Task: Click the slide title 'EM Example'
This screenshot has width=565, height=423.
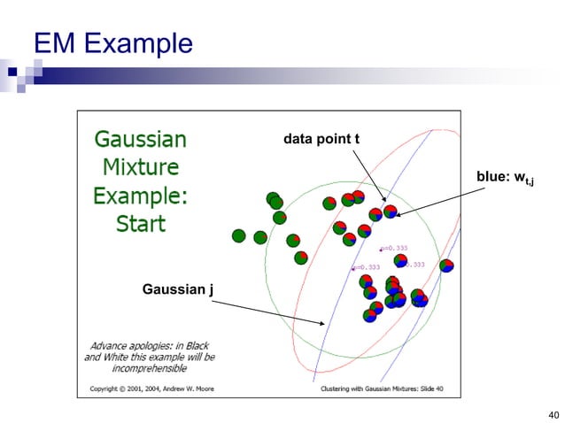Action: pyautogui.click(x=112, y=42)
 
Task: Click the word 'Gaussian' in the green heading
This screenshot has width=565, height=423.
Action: pyautogui.click(x=140, y=140)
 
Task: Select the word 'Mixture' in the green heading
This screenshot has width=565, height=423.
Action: pyautogui.click(x=140, y=166)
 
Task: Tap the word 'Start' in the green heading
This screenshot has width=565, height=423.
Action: pyautogui.click(x=141, y=222)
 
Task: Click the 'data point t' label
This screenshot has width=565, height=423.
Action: pyautogui.click(x=320, y=139)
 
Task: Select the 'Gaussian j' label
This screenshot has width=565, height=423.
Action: pyautogui.click(x=175, y=289)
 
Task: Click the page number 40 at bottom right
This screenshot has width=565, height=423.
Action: pyautogui.click(x=554, y=414)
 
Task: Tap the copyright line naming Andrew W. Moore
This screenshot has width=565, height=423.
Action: pyautogui.click(x=150, y=387)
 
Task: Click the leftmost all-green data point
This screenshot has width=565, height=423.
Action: pyautogui.click(x=238, y=235)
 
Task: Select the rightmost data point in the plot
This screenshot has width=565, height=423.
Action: pyautogui.click(x=446, y=265)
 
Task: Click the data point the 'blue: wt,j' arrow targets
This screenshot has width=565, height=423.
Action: pyautogui.click(x=390, y=211)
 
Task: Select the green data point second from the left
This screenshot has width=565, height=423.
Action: pyautogui.click(x=259, y=237)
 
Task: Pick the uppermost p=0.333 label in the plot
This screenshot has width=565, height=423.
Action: pyautogui.click(x=394, y=248)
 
